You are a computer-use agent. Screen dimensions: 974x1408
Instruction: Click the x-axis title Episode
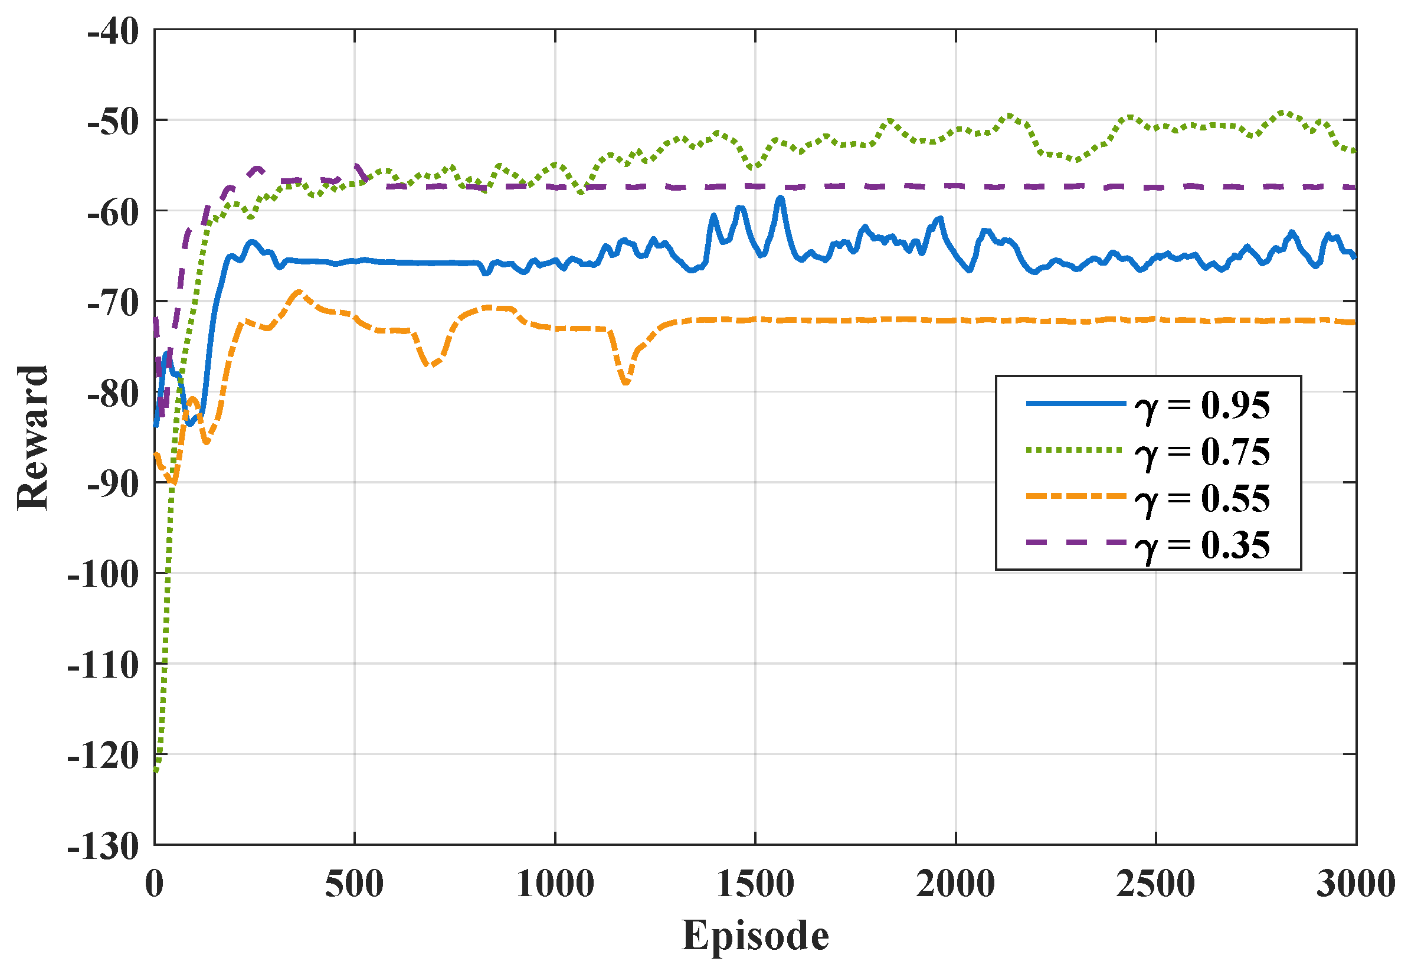coord(755,935)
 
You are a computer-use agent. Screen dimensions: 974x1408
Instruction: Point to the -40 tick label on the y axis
coord(113,32)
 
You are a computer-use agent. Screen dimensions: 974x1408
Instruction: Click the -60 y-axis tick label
coord(113,213)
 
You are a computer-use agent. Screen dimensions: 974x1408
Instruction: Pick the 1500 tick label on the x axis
coord(755,884)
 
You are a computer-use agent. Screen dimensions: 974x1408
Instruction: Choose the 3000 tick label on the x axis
coord(1355,884)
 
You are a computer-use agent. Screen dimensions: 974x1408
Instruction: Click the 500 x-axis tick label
coord(355,884)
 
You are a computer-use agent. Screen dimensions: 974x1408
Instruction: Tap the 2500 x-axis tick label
coord(1155,884)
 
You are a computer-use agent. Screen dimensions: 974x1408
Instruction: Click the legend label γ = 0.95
coord(1202,405)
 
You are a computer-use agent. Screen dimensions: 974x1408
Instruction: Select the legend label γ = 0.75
coord(1202,452)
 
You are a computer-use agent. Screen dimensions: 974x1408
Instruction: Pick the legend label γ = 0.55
coord(1202,499)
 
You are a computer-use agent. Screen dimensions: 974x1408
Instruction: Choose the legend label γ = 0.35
coord(1202,545)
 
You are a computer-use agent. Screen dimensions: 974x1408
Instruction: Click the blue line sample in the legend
coord(1075,403)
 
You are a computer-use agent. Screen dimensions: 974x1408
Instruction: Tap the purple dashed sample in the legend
coord(1075,542)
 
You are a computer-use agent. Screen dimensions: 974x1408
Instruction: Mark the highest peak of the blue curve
coord(780,198)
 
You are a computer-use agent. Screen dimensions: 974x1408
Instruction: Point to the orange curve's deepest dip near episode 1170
coord(626,383)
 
